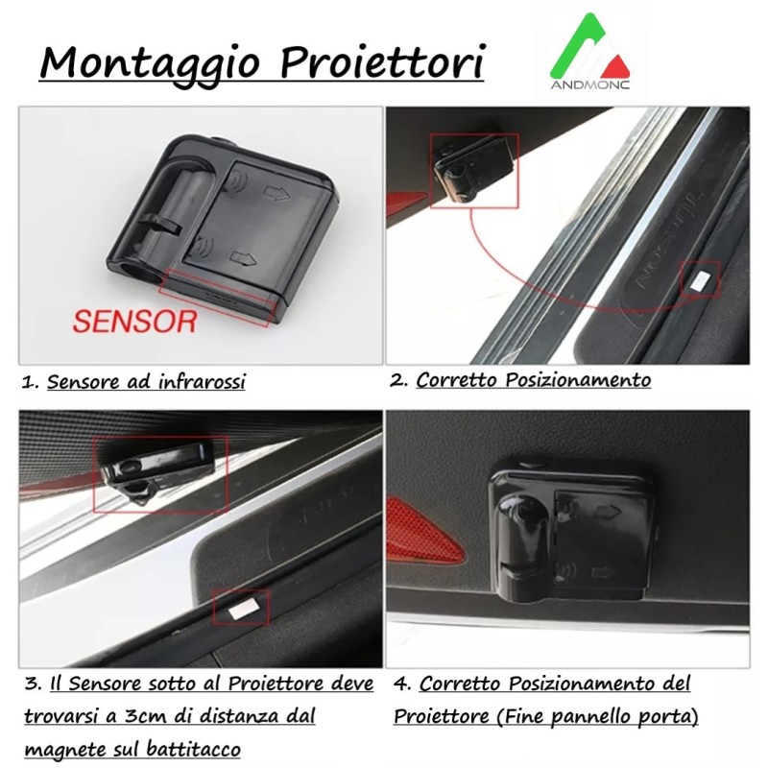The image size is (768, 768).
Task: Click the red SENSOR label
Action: tap(134, 319)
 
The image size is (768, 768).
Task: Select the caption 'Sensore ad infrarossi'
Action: tap(146, 382)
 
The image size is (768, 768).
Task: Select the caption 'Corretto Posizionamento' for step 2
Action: tap(533, 380)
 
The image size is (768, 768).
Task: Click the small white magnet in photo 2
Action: tap(700, 279)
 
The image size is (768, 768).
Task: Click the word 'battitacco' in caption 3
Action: tap(191, 749)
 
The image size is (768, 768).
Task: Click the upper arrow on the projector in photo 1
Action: tap(277, 195)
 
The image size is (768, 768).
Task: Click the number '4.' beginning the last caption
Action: tap(403, 685)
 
